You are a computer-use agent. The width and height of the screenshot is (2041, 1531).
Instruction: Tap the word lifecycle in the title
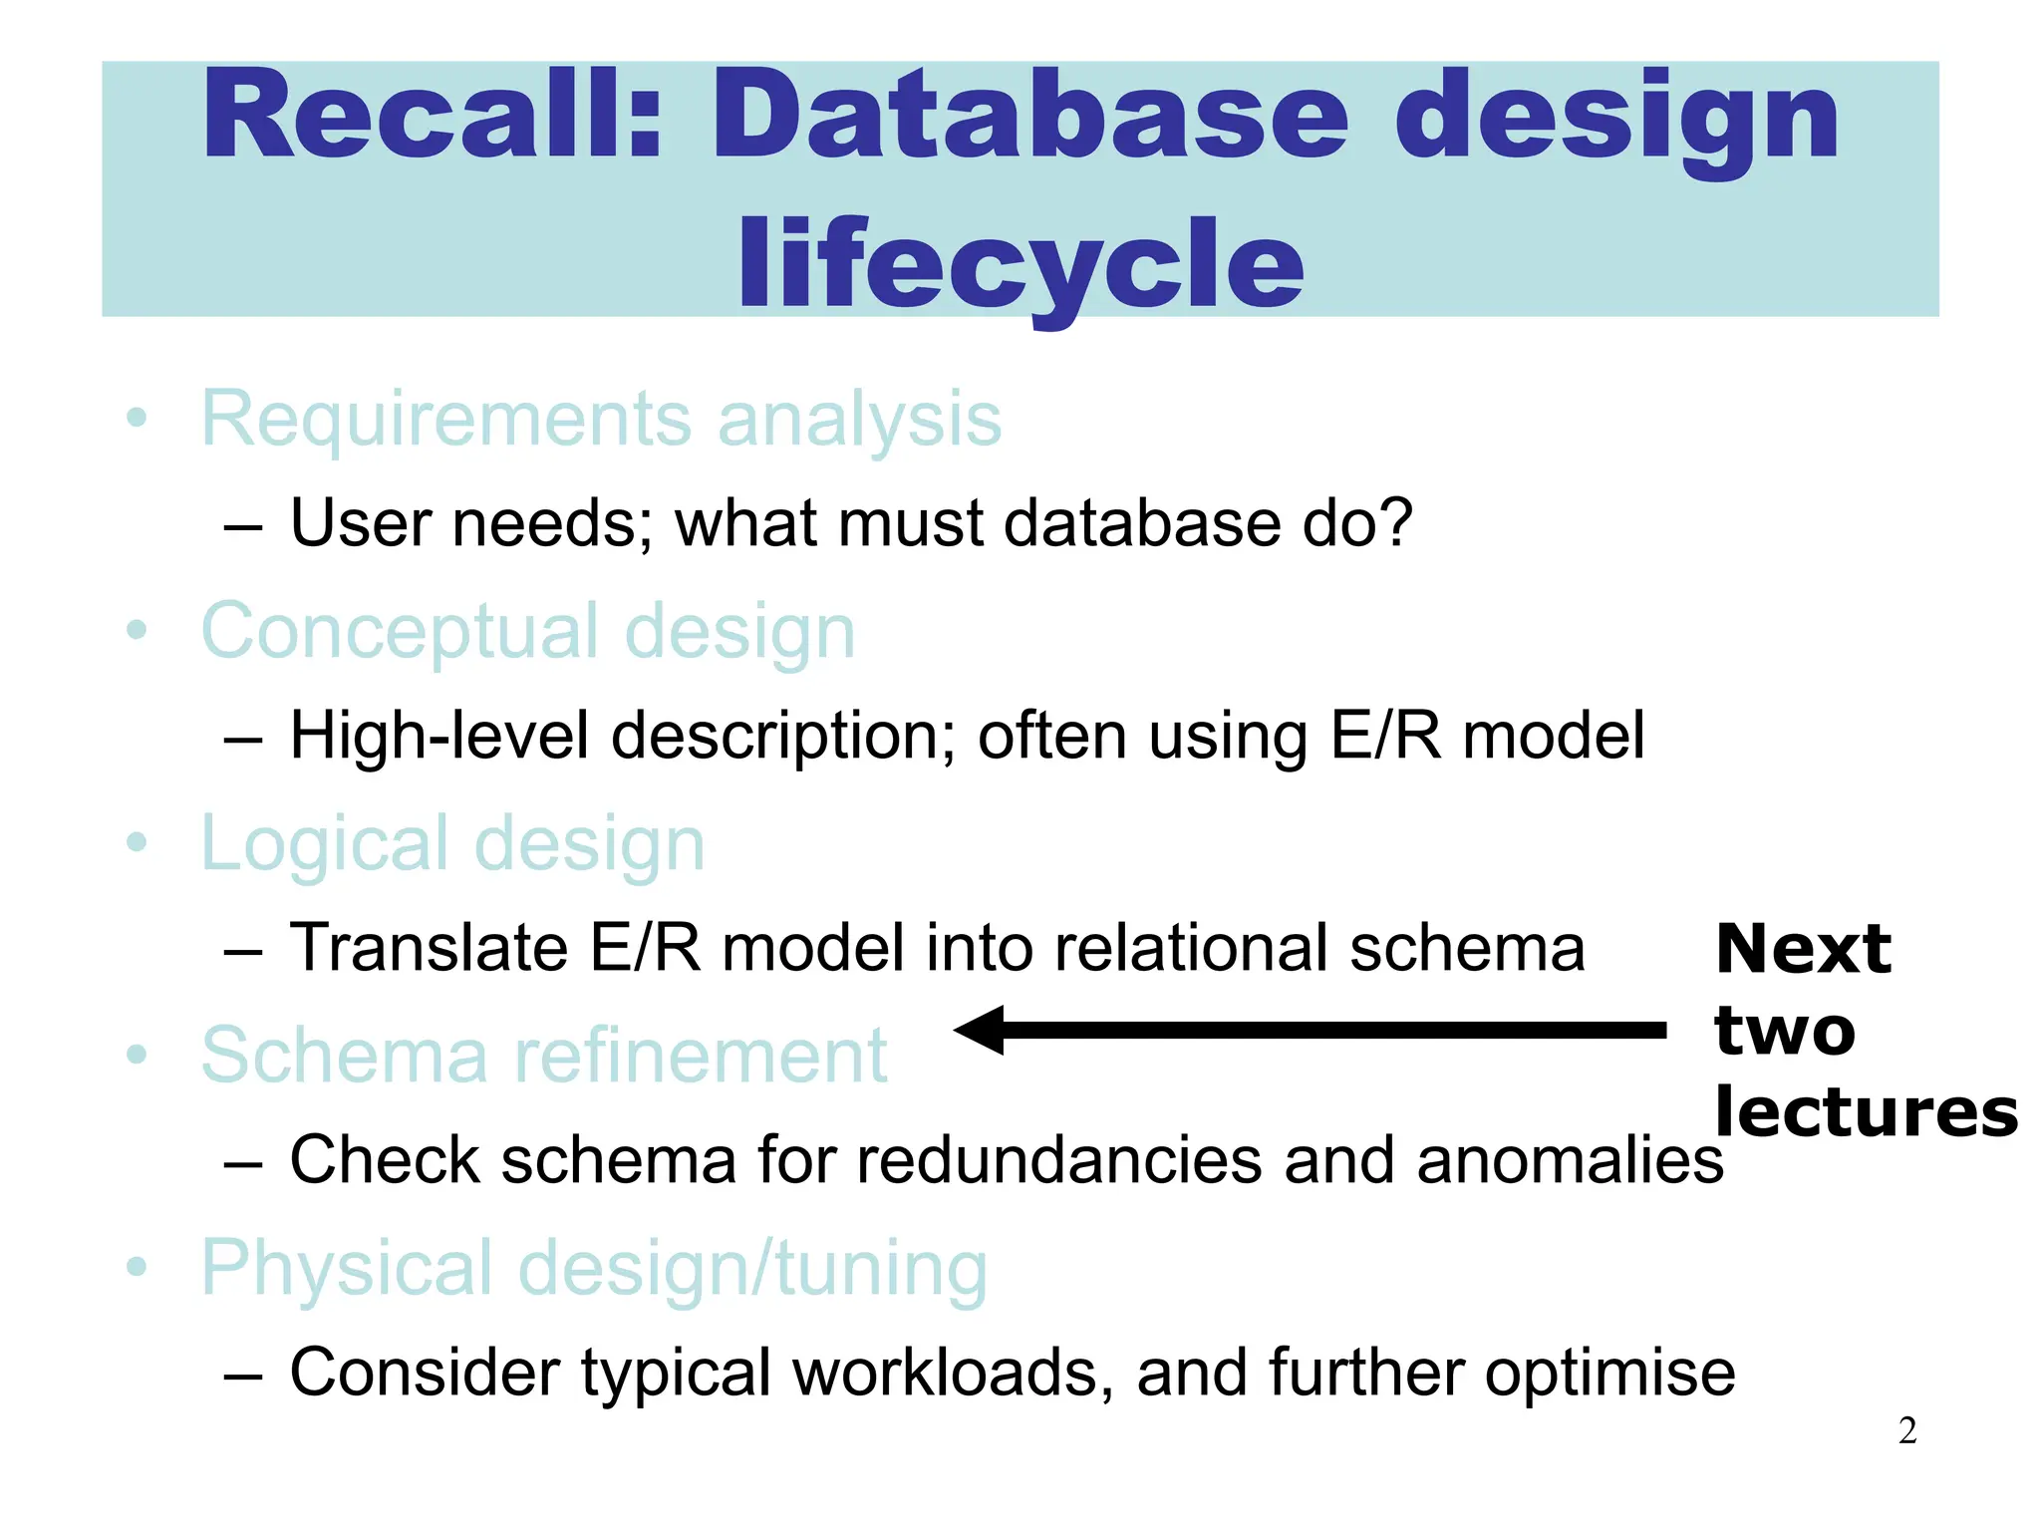pos(1020,264)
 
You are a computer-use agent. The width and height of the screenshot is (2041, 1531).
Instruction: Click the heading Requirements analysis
pos(601,419)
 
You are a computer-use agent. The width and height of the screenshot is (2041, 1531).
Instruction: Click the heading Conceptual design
pos(528,632)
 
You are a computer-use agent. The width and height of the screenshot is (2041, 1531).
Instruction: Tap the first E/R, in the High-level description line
pos(1385,736)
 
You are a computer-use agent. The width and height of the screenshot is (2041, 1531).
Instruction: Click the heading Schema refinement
pos(543,1056)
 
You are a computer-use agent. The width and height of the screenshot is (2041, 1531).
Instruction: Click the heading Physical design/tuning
pos(594,1268)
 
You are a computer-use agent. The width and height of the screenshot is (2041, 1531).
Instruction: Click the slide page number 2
pos(1906,1431)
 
